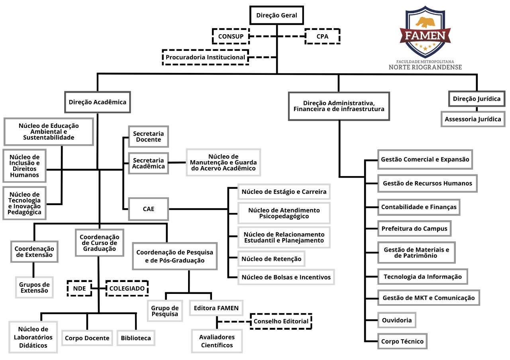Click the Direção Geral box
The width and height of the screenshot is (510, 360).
coord(277,16)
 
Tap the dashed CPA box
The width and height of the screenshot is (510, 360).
coord(322,37)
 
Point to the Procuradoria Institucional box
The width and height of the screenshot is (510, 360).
coord(205,57)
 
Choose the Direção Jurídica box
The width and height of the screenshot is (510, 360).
coord(477,99)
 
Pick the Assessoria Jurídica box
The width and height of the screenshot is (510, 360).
coord(473,119)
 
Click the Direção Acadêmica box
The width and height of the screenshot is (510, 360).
coord(98,102)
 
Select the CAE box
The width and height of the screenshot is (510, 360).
coord(148,209)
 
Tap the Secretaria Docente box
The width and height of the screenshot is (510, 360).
coord(148,137)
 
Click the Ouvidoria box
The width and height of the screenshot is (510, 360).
coord(396,320)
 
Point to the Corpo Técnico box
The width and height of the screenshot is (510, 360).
coord(402,341)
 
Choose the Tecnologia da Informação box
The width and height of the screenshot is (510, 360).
coord(422,276)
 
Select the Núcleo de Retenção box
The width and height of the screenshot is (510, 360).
coord(271,259)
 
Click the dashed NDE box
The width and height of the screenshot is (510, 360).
coord(79,288)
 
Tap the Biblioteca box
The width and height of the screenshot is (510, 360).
coord(136,338)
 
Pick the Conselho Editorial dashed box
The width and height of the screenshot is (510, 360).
coord(281,321)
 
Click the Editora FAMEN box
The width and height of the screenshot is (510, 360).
coord(216,308)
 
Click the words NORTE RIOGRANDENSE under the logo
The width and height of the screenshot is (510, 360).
coord(425,67)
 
